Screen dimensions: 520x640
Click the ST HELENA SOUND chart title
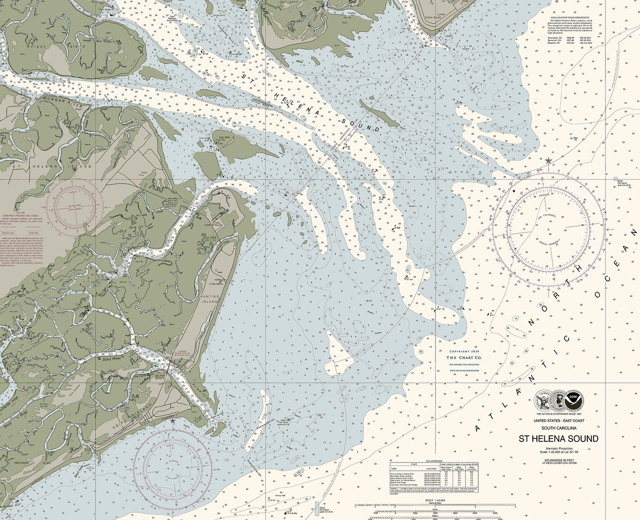[x=559, y=439]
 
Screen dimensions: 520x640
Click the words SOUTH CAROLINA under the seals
[x=559, y=428]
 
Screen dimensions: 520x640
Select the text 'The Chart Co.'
[x=464, y=357]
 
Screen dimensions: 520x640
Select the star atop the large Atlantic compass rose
[x=549, y=161]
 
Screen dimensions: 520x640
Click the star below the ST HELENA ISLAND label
[x=75, y=169]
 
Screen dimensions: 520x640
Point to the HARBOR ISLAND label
[x=218, y=224]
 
